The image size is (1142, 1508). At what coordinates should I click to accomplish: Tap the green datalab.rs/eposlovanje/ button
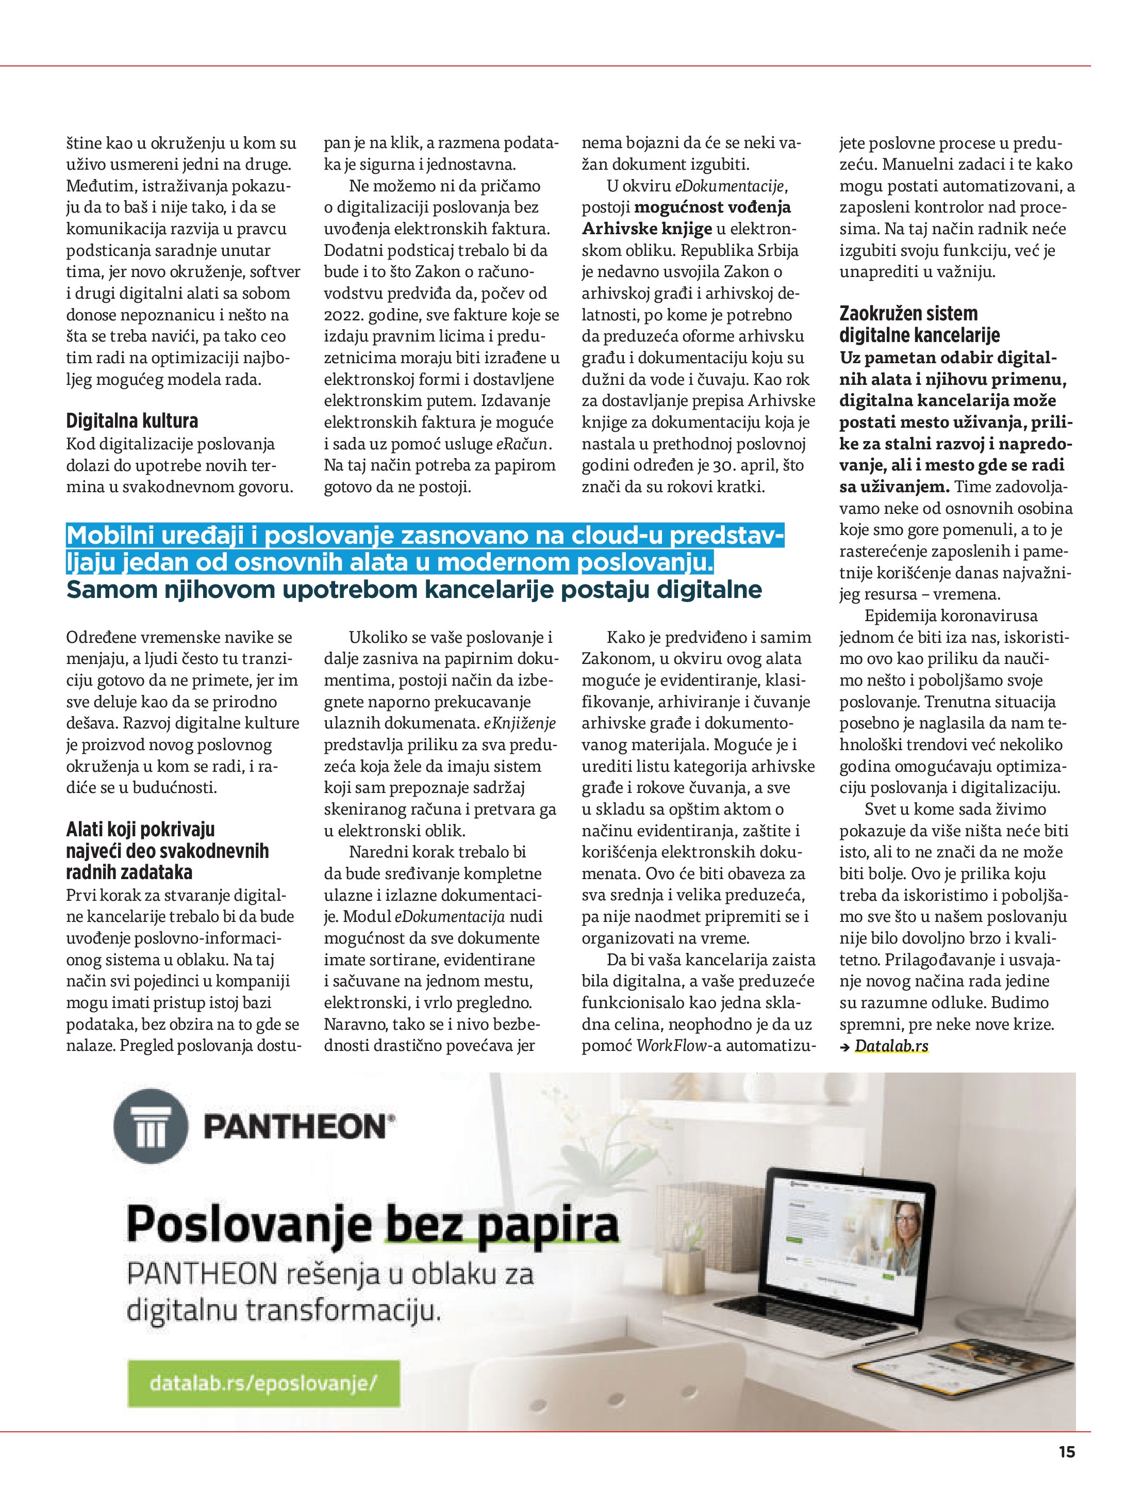pyautogui.click(x=263, y=1383)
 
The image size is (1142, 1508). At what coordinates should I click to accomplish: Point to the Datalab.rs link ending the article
pyautogui.click(x=891, y=1046)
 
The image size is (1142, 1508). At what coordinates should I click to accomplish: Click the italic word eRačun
pyautogui.click(x=522, y=445)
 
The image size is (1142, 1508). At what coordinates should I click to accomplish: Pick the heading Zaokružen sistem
pyautogui.click(x=908, y=314)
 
